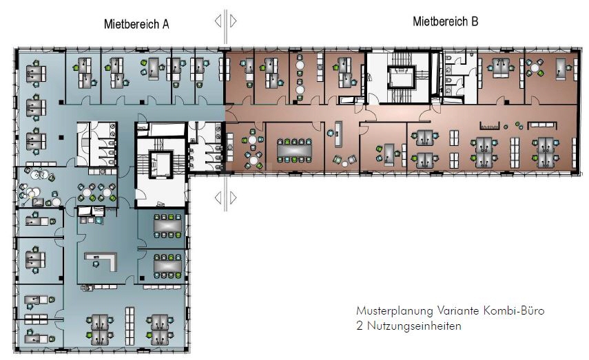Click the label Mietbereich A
pyautogui.click(x=136, y=24)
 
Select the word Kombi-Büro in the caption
pyautogui.click(x=519, y=311)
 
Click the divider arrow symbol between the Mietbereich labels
pyautogui.click(x=226, y=21)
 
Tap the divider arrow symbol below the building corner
pyautogui.click(x=226, y=198)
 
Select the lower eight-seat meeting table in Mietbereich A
pyautogui.click(x=166, y=263)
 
